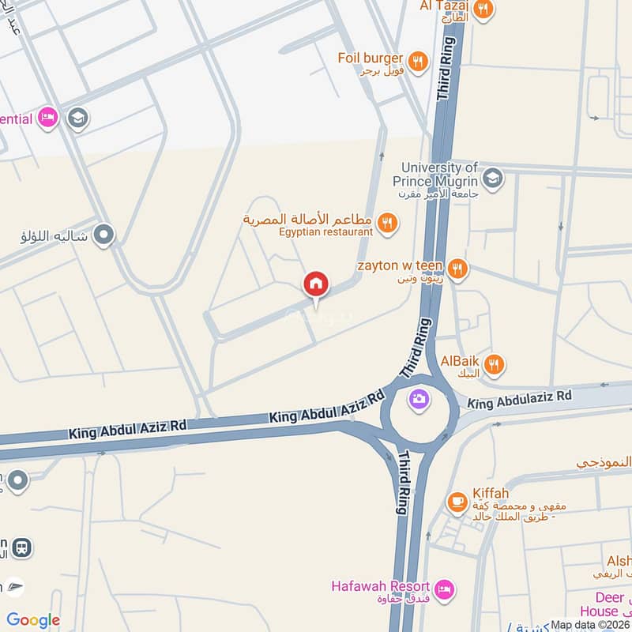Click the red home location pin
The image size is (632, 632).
(316, 284)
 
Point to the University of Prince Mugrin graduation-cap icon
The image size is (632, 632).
(492, 177)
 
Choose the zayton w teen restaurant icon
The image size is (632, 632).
(457, 268)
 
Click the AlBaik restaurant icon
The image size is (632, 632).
(495, 364)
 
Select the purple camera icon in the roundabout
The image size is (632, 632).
(419, 399)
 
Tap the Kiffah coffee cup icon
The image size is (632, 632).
(457, 500)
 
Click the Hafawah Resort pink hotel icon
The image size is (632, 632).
(445, 589)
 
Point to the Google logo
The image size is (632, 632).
(33, 620)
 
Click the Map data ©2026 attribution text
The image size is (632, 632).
(589, 625)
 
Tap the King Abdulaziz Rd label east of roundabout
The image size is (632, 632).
(518, 400)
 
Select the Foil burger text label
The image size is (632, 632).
(370, 58)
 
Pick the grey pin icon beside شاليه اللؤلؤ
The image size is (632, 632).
(103, 235)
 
